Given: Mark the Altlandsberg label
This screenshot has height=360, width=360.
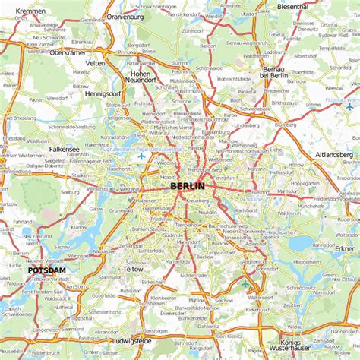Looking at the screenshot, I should [334, 154].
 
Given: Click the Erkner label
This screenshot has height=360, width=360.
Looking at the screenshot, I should [344, 248].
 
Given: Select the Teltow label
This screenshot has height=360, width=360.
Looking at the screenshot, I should [133, 269].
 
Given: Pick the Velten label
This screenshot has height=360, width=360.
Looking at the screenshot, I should [96, 63].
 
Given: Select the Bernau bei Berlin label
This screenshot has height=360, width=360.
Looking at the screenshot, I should [273, 73].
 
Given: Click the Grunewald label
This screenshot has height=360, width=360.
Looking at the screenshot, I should [121, 210].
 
